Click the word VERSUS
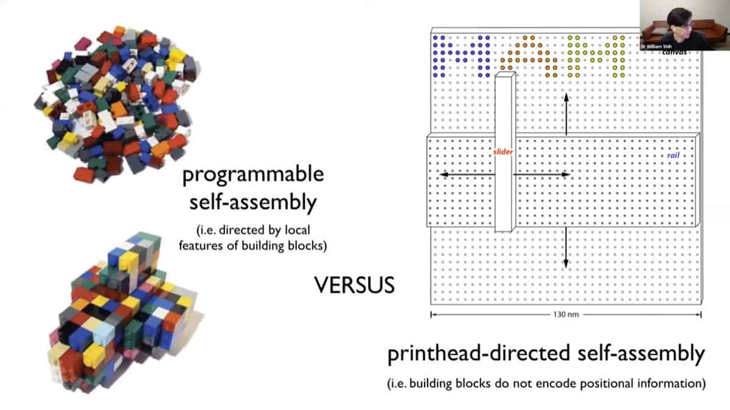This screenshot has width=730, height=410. tap(353, 284)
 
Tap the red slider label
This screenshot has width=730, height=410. tap(503, 152)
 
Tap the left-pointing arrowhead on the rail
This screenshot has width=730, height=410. tap(443, 175)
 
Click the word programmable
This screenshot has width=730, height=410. tap(253, 175)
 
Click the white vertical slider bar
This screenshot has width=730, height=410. tap(504, 152)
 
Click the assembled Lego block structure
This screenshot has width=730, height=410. tap(122, 310)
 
